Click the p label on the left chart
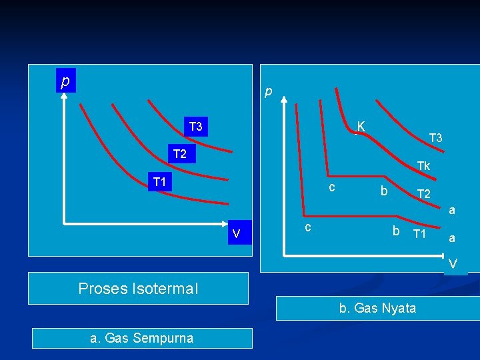point(65,81)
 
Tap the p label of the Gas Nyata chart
point(268,91)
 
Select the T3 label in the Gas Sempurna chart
point(195,127)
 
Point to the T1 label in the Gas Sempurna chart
point(160,181)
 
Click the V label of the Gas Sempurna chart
point(236,233)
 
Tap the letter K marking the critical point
point(361,126)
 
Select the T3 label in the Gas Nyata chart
point(436,138)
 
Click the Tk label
point(423,166)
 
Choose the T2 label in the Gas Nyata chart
point(424,194)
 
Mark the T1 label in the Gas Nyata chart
point(419,234)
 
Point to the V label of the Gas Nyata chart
point(453,265)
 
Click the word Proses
point(103,289)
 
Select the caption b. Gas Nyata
point(377,308)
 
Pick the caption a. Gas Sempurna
point(141,338)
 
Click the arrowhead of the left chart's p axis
point(64,95)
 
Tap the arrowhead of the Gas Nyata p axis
point(284,100)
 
